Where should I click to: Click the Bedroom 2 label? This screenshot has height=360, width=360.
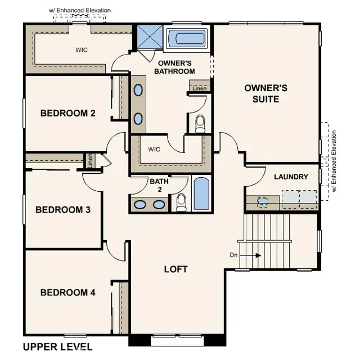tap(67, 113)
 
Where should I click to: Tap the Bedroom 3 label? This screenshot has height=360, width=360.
tap(63, 210)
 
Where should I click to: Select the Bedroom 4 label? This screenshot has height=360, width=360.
tap(67, 292)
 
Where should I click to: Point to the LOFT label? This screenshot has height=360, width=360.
tap(176, 269)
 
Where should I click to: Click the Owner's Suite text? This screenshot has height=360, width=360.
tap(266, 93)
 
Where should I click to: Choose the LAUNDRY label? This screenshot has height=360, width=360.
tap(291, 177)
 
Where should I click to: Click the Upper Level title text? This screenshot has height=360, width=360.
tap(58, 346)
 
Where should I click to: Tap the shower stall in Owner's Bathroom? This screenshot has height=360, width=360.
tap(150, 37)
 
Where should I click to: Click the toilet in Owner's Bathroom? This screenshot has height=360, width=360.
tap(200, 124)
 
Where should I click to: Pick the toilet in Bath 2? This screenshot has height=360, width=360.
tap(181, 202)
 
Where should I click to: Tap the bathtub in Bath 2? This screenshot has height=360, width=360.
tap(201, 193)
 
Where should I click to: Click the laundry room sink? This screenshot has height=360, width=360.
tap(263, 202)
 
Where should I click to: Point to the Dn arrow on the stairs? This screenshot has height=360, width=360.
tap(251, 255)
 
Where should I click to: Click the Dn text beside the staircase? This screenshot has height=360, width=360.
tap(233, 255)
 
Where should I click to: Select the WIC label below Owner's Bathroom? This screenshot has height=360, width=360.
tap(154, 149)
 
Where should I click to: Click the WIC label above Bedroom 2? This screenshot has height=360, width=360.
tap(82, 50)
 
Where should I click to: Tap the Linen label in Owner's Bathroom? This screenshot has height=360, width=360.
tap(200, 88)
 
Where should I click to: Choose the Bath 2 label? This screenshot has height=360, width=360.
tap(159, 185)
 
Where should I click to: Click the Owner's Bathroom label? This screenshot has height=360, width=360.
tap(174, 67)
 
